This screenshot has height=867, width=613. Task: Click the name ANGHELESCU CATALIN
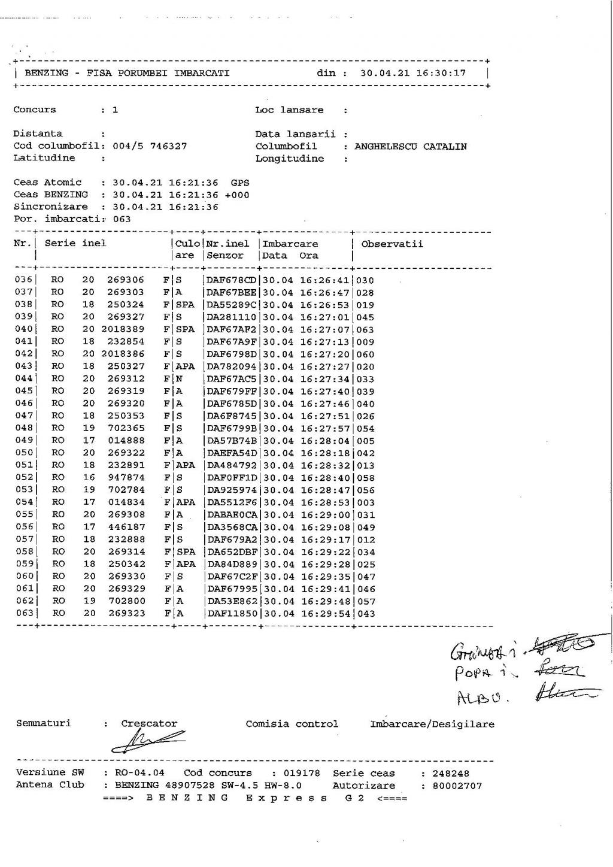tap(411, 147)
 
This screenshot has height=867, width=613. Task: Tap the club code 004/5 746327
tap(150, 146)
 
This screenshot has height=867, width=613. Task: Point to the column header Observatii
tap(392, 244)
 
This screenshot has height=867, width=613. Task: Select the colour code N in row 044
tap(178, 379)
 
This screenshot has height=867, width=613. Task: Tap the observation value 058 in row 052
tap(365, 478)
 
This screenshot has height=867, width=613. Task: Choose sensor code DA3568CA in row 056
tap(232, 528)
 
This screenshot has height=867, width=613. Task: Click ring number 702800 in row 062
tap(126, 601)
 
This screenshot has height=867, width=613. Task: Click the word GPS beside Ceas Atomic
tap(240, 183)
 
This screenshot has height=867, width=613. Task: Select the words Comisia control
tap(292, 724)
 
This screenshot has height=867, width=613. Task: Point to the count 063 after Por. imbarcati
tap(122, 219)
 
